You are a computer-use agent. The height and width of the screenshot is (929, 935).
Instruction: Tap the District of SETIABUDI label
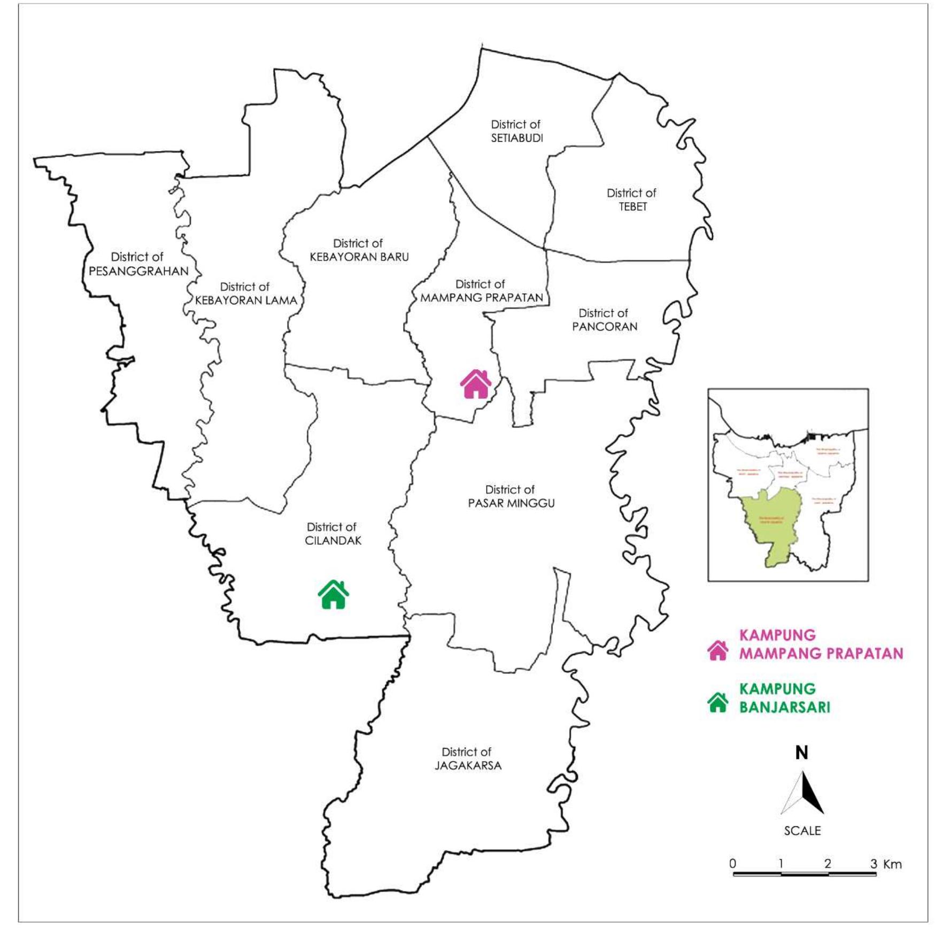click(x=516, y=131)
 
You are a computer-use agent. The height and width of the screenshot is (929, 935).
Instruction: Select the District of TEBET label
click(x=632, y=199)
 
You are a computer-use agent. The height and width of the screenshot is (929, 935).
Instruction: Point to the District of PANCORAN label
click(x=604, y=320)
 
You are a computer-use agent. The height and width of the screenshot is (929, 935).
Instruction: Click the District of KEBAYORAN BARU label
click(x=359, y=250)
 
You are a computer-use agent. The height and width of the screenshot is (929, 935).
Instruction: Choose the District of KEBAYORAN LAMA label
click(x=245, y=294)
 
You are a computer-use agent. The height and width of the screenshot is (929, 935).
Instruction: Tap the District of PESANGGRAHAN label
click(x=138, y=264)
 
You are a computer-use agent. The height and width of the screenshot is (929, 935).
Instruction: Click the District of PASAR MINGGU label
click(x=511, y=496)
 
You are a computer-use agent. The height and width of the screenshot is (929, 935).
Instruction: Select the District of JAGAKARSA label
click(x=468, y=758)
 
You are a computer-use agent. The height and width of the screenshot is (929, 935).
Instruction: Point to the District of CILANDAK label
click(x=333, y=534)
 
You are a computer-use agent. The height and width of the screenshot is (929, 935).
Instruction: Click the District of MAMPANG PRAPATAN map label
click(x=481, y=291)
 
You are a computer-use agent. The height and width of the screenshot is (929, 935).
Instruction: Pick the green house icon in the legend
click(x=718, y=702)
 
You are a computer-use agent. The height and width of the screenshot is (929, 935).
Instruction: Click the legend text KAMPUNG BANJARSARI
click(x=784, y=698)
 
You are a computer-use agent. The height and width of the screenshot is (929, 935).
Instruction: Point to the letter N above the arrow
click(x=801, y=753)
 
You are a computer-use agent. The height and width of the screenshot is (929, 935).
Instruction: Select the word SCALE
click(x=802, y=831)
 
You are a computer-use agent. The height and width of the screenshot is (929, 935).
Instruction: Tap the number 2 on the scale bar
click(x=828, y=863)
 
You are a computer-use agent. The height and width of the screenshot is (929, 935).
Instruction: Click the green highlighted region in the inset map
click(x=773, y=527)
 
